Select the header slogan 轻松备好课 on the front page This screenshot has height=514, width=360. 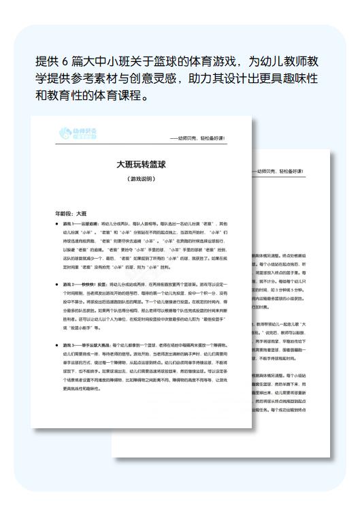point(209,138)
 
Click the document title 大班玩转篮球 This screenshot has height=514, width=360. point(141,165)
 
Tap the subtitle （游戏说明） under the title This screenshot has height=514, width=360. point(141,179)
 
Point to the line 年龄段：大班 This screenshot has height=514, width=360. point(71,213)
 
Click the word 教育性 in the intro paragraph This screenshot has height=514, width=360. point(65,95)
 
